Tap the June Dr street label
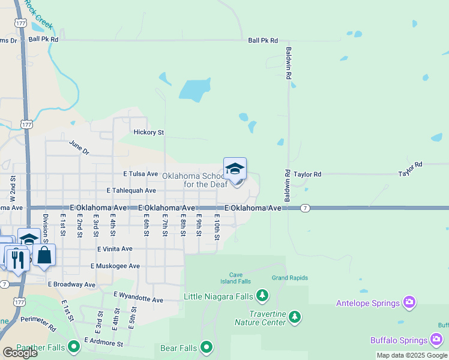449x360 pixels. click(x=79, y=148)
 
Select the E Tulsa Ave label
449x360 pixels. click(x=140, y=174)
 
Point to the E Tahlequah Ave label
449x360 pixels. click(x=131, y=190)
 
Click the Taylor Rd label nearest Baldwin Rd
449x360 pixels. click(x=309, y=174)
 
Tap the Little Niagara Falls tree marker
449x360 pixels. click(x=262, y=295)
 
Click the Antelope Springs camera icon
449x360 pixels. click(x=409, y=302)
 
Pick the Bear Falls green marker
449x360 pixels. click(x=206, y=347)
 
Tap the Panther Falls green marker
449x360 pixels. click(x=74, y=347)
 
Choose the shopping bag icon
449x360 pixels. click(x=44, y=256)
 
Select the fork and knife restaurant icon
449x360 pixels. click(x=18, y=260)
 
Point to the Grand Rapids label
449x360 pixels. click(x=289, y=278)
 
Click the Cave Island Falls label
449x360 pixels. click(x=235, y=278)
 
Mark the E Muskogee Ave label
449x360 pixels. click(x=115, y=266)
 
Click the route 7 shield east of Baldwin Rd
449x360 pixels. click(x=306, y=207)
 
